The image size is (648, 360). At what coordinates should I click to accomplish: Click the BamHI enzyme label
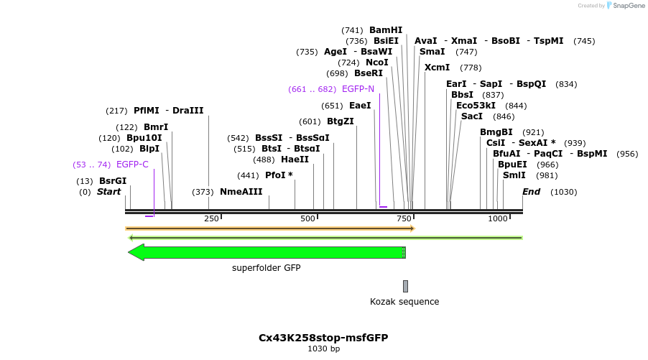[x=386, y=30]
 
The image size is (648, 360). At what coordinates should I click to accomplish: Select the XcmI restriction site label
[x=437, y=68]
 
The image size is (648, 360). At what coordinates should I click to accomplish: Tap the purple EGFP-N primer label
[x=358, y=89]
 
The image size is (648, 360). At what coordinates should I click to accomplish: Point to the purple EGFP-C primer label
[x=132, y=165]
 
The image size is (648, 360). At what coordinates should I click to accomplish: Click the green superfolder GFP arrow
[x=267, y=252]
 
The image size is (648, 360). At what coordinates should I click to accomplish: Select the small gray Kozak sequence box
[x=405, y=286]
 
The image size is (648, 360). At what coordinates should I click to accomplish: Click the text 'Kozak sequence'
[x=404, y=302]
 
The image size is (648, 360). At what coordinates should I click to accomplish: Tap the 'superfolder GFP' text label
[x=266, y=268]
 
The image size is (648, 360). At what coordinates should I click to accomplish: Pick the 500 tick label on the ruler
[x=307, y=218]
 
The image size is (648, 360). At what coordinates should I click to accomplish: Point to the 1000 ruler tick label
[x=498, y=218]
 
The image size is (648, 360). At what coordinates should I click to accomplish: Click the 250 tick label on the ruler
[x=211, y=218]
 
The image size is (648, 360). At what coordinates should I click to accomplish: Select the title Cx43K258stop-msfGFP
[x=323, y=337]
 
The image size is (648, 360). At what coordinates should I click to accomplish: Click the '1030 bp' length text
[x=323, y=349]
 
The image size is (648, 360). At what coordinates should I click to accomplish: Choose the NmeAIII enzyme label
[x=241, y=192]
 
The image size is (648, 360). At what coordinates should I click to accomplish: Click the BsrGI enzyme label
[x=113, y=181]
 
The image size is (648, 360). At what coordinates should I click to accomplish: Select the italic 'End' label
[x=531, y=192]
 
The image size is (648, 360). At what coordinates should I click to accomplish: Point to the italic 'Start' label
[x=109, y=192]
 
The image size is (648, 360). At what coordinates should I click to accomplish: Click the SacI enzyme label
[x=472, y=116]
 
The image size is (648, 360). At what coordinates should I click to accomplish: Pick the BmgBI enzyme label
[x=496, y=132]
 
